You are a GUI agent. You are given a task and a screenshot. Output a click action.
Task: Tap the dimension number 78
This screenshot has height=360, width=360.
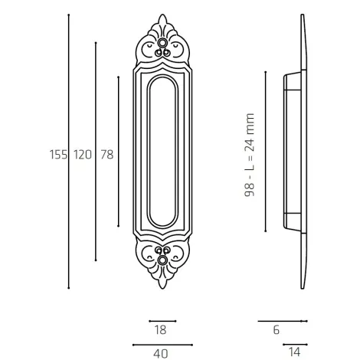(x=106, y=154)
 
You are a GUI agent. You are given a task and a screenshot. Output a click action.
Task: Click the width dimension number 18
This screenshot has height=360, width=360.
(x=160, y=330)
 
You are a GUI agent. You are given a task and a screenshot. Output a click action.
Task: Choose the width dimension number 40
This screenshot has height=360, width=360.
(x=160, y=353)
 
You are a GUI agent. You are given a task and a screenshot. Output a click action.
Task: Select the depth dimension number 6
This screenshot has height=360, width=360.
(x=275, y=330)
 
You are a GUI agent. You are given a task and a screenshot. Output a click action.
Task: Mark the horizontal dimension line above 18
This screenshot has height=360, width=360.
(x=162, y=321)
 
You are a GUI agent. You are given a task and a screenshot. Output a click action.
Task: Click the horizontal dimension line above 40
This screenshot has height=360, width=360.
(x=162, y=344)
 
